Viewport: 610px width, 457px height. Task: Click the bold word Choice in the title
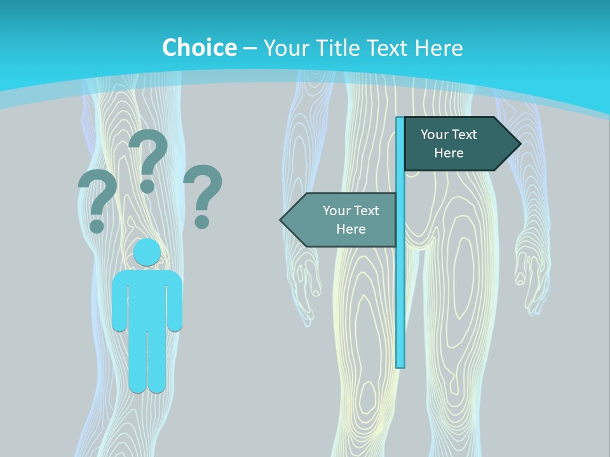199,48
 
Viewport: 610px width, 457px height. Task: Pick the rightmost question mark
203,194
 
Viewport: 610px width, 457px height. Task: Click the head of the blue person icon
147,253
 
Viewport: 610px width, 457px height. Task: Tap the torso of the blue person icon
147,298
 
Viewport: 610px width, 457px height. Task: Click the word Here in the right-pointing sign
449,153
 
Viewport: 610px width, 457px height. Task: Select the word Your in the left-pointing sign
335,211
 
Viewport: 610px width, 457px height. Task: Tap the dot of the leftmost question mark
97,225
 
